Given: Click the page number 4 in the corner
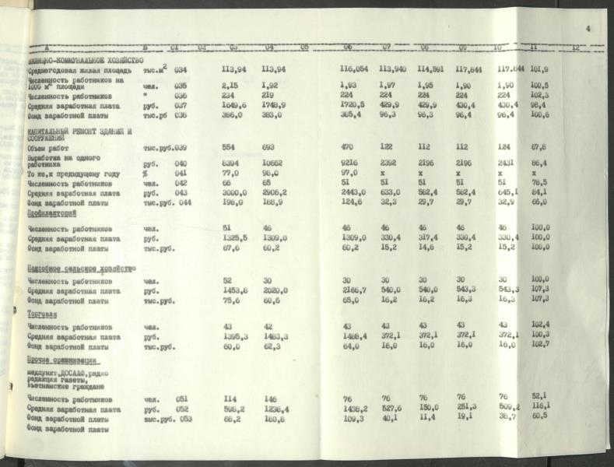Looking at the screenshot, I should (588, 28).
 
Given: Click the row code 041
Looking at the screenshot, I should (181, 174).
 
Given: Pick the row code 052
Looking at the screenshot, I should (181, 409).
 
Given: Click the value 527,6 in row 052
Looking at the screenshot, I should (391, 409).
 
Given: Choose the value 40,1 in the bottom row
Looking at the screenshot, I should (391, 419).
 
